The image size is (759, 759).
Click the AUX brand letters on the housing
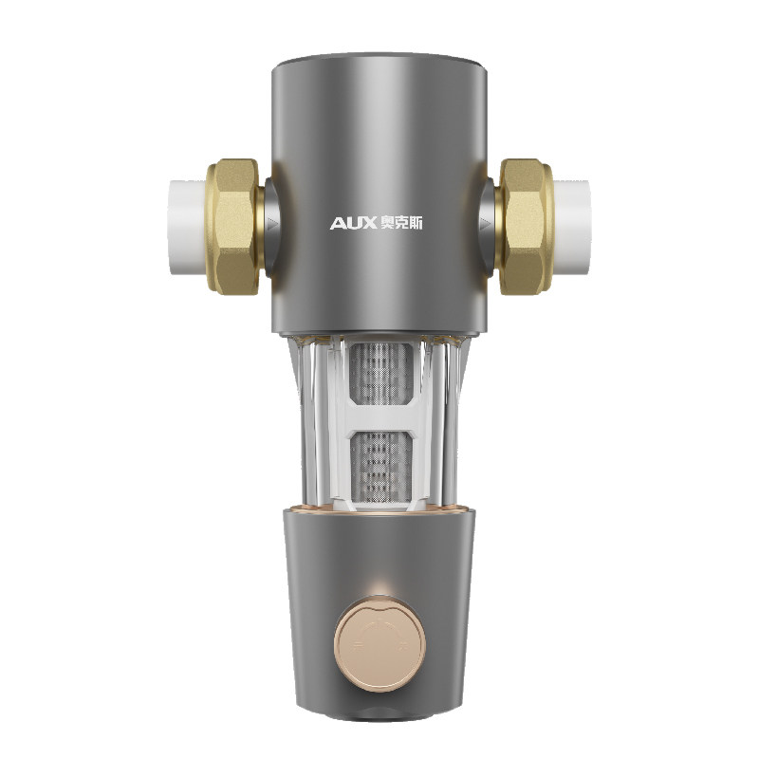click(x=353, y=223)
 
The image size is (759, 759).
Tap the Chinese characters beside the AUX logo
click(x=401, y=223)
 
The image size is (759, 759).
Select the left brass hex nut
click(x=235, y=227)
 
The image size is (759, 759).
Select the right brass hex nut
click(x=525, y=227)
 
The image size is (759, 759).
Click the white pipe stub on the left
click(x=187, y=228)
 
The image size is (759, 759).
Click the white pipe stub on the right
click(x=572, y=228)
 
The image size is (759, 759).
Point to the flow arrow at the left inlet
click(x=274, y=224)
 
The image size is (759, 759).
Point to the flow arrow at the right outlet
click(x=486, y=224)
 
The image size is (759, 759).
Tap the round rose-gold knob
click(x=380, y=644)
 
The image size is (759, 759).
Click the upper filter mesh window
click(x=381, y=373)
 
